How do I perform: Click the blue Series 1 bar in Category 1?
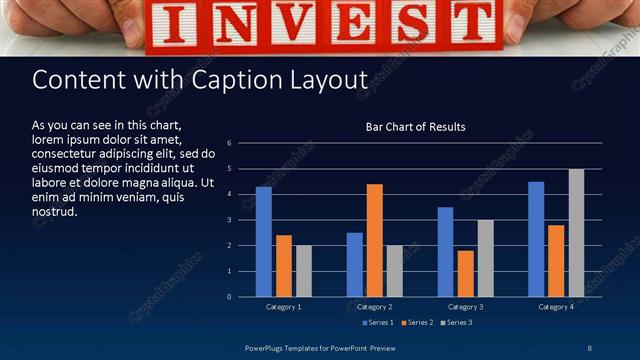[263, 242]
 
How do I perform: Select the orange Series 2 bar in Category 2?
[374, 240]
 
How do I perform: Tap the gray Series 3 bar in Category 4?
[576, 233]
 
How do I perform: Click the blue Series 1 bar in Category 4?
[536, 239]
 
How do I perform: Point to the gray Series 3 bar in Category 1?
[303, 271]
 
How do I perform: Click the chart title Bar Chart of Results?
[415, 127]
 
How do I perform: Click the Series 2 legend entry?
[418, 322]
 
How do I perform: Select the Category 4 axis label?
[555, 306]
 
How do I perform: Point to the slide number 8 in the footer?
[589, 347]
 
